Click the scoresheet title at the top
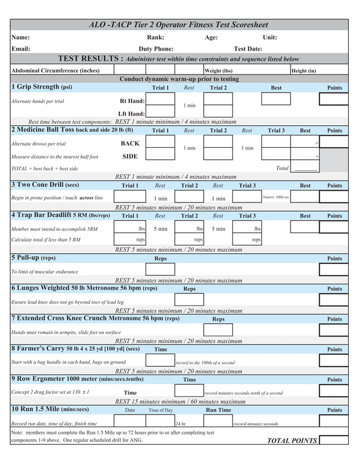[179, 25]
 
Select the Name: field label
[21, 37]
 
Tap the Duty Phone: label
[156, 49]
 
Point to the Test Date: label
[248, 49]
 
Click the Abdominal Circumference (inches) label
[55, 71]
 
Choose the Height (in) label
[304, 71]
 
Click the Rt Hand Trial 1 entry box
[160, 99]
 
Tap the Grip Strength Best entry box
[276, 99]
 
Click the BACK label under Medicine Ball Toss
[130, 143]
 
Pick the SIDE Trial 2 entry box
[218, 154]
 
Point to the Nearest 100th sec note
[276, 197]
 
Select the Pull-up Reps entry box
[160, 269]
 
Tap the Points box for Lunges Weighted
[333, 300]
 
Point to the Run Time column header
[218, 410]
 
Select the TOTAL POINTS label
[292, 441]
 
